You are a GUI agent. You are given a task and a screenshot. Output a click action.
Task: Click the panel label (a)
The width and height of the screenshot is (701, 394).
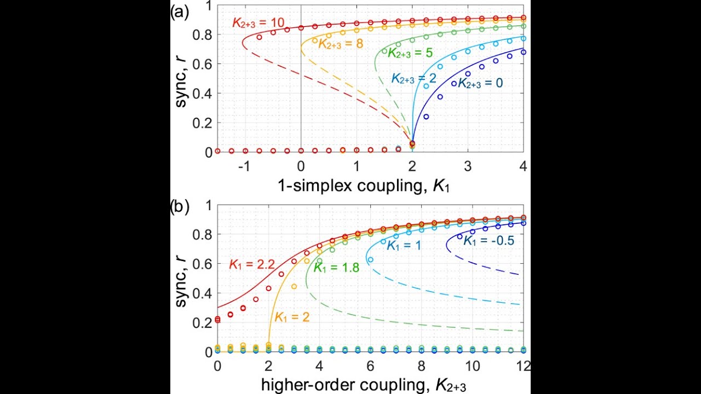click(180, 11)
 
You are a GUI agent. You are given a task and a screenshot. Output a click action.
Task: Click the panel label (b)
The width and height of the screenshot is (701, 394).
click(180, 207)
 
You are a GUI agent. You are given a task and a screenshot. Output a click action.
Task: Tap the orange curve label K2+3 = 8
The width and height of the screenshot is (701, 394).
click(341, 44)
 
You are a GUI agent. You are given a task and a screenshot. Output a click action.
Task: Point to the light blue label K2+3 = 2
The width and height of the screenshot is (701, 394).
click(413, 79)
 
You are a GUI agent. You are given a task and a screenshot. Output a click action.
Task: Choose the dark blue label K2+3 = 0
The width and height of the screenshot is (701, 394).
click(480, 83)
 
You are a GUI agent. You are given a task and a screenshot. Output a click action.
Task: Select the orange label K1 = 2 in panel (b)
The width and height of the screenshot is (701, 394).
click(292, 317)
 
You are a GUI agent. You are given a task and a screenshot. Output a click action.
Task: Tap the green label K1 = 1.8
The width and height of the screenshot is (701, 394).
click(336, 268)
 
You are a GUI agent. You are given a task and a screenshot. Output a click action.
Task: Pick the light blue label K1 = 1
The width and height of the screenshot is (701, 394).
click(404, 246)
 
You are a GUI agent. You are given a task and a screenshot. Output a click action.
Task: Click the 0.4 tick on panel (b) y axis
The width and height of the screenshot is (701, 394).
click(205, 294)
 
